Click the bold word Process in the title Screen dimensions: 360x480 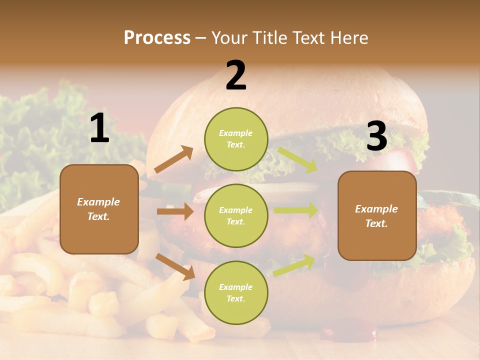pyautogui.click(x=157, y=37)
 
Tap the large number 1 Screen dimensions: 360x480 pyautogui.click(x=99, y=128)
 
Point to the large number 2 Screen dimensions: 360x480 pyautogui.click(x=236, y=75)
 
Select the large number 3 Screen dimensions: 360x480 pyautogui.click(x=376, y=136)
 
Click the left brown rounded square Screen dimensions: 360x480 pyautogui.click(x=99, y=209)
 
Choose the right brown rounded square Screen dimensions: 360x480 pyautogui.click(x=377, y=215)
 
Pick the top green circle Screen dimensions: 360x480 pyautogui.click(x=236, y=138)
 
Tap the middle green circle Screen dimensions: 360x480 pyautogui.click(x=236, y=215)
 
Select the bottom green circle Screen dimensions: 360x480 pyautogui.click(x=236, y=292)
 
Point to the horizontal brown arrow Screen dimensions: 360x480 pyautogui.click(x=175, y=211)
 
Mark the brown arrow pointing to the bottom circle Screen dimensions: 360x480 pyautogui.click(x=175, y=266)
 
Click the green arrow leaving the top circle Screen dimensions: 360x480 pyautogui.click(x=297, y=159)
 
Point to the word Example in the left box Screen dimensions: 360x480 pyautogui.click(x=98, y=202)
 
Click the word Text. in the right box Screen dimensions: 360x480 pyautogui.click(x=376, y=223)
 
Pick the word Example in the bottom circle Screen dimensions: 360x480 pyautogui.click(x=236, y=287)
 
